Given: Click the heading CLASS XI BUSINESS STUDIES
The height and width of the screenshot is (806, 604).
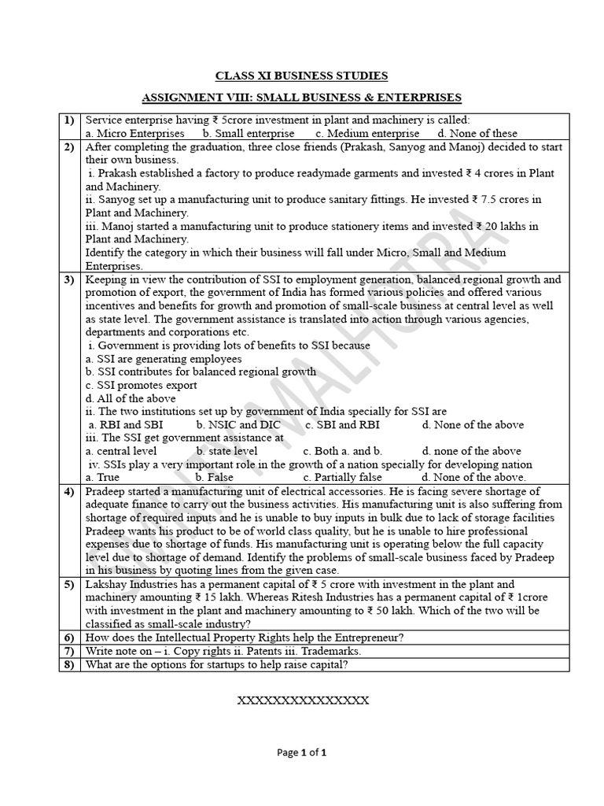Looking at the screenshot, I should [x=302, y=76].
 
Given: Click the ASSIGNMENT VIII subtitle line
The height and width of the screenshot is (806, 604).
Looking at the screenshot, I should [x=302, y=98].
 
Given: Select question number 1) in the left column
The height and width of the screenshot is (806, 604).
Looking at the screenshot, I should [x=69, y=120].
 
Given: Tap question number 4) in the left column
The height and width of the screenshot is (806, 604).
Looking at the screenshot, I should [x=69, y=491].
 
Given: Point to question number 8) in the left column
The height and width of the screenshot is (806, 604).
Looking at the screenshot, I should [x=69, y=664].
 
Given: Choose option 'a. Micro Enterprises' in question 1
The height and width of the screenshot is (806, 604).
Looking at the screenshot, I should [x=134, y=134].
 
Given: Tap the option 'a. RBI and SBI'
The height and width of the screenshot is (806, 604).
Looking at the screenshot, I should [x=126, y=424].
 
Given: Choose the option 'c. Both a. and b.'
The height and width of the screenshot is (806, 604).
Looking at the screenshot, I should [x=342, y=451].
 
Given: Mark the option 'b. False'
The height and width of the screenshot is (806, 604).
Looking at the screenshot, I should [x=214, y=477].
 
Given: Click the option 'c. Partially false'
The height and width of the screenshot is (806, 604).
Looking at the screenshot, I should [x=342, y=477].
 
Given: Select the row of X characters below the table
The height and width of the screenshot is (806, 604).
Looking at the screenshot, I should [x=302, y=700].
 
